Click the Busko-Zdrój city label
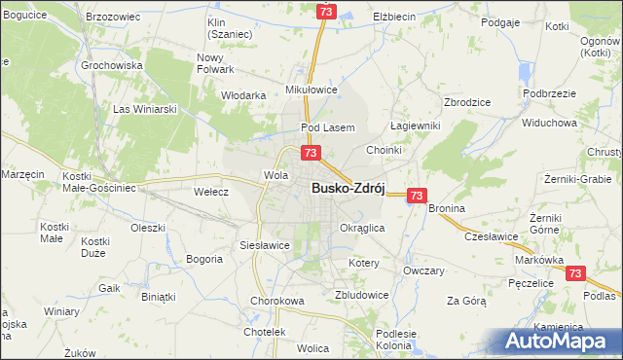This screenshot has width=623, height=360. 349,191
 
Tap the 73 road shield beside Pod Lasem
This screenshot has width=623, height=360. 311,153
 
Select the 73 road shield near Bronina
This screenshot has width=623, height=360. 417,196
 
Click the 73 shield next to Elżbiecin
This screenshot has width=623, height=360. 326,11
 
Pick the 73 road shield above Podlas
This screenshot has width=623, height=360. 576,275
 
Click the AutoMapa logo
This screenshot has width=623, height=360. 559,341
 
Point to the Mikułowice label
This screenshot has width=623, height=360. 311,89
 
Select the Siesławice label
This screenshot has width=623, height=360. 265,245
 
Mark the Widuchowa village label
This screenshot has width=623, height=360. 550,124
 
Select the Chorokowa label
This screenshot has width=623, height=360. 277,301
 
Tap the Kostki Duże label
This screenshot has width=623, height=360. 94,246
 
